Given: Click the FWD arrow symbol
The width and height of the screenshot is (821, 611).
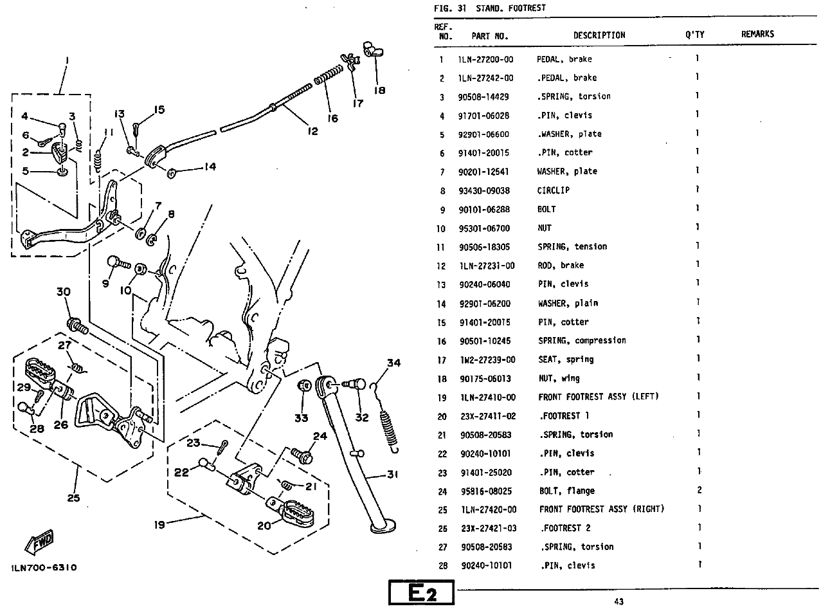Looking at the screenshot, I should [x=40, y=542].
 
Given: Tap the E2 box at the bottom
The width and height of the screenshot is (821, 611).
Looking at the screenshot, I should [x=421, y=593].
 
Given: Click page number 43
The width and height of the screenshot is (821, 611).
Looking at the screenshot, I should [x=618, y=601].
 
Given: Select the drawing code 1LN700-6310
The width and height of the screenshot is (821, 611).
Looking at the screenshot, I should [x=44, y=568].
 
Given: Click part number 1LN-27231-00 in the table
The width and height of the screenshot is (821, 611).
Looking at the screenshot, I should [x=487, y=265].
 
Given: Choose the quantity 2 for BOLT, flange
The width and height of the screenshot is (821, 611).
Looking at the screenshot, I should [x=699, y=490].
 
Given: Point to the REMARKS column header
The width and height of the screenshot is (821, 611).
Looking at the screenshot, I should [x=757, y=34].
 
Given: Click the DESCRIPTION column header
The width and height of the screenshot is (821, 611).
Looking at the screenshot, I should [x=599, y=35].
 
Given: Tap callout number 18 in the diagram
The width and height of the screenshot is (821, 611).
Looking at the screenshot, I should [x=379, y=91].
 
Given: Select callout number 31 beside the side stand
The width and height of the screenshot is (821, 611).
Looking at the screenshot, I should [x=392, y=475].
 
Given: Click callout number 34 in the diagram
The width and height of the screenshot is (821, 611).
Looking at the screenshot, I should [x=393, y=363].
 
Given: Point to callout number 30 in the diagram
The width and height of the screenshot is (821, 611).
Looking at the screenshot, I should [x=62, y=292].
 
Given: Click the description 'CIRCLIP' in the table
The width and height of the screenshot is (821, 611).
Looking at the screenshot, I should [x=554, y=190].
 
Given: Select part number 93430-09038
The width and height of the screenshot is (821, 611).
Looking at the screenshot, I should [x=485, y=190].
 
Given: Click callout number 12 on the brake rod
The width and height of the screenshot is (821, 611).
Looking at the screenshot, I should [x=312, y=131].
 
